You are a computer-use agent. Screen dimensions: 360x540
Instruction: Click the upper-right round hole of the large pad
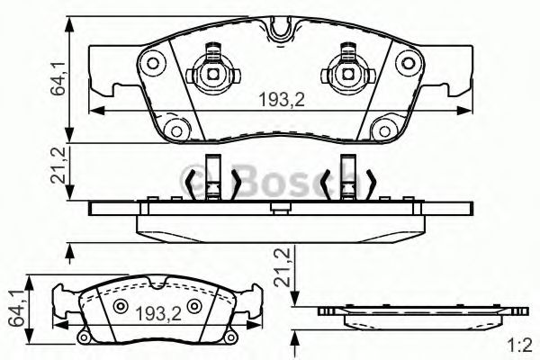pos(404,62)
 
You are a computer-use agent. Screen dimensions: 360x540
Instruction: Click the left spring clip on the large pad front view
pos(212,65)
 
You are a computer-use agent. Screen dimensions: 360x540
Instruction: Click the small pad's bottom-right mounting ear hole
pos(232,337)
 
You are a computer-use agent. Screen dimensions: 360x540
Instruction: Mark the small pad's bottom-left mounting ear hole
pos(83,337)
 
